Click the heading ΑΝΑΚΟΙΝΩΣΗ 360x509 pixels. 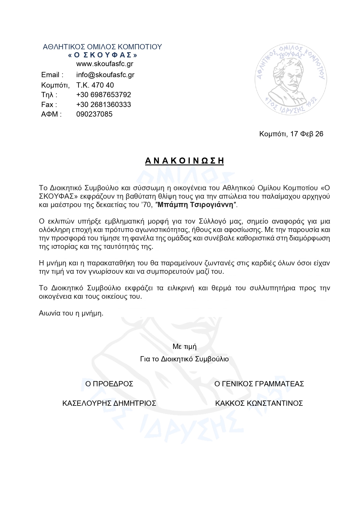(184, 161)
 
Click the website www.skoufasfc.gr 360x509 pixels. (105, 64)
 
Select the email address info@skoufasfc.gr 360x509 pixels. (105, 75)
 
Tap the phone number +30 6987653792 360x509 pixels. (104, 95)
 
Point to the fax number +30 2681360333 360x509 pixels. (104, 104)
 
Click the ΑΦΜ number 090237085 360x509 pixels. (94, 114)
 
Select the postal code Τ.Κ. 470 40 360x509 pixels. (95, 85)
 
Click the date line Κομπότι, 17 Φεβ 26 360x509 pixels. (291, 134)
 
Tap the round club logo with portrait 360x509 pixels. (291, 79)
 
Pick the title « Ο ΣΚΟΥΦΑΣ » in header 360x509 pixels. (102, 55)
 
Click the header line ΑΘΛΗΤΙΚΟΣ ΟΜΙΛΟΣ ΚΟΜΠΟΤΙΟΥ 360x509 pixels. (102, 47)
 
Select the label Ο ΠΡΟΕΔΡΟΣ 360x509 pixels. (109, 384)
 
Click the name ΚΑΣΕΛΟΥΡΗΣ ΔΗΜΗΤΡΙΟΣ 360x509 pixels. (109, 403)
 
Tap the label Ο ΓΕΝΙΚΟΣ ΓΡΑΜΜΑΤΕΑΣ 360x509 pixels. (259, 384)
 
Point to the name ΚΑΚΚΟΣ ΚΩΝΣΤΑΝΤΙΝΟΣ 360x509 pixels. (259, 403)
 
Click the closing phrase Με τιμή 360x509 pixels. (184, 347)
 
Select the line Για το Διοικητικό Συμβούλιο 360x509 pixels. (184, 359)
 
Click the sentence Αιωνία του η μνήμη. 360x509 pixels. (71, 314)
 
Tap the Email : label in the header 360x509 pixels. (52, 75)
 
